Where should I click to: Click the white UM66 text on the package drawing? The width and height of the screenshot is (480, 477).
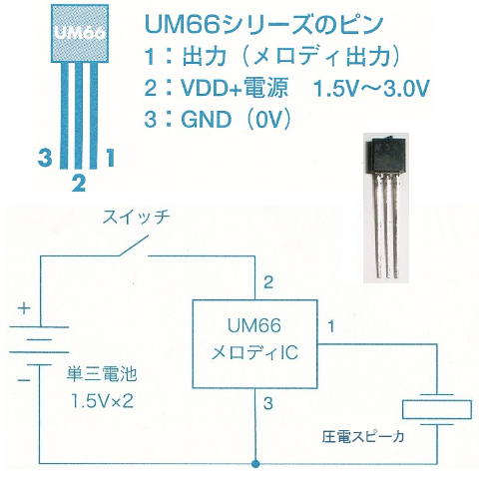pos(80,33)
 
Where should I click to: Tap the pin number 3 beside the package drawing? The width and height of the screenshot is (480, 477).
pos(45,158)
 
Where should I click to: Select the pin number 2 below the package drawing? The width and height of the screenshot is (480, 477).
pos(79,183)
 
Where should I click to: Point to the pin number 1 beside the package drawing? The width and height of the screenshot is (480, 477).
pos(110,158)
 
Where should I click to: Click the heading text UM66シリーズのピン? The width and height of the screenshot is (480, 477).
pos(264,25)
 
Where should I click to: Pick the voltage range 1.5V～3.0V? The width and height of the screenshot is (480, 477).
pos(371,88)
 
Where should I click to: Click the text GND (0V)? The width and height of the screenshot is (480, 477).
pos(218,119)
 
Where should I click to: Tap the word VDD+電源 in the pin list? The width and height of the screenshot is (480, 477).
pos(234,88)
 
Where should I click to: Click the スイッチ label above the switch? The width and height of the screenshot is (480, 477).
pos(136,218)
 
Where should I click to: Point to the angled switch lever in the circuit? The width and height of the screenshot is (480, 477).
pos(133,246)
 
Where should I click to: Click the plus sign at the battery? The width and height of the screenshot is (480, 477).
pos(24,308)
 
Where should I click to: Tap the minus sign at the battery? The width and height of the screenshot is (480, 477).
pos(24,380)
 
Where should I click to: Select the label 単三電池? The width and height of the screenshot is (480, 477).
pos(102,374)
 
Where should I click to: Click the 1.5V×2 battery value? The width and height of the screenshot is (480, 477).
pos(102,401)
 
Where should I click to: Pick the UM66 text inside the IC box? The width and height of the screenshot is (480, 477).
pos(254,325)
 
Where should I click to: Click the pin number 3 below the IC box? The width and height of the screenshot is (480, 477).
pos(267,403)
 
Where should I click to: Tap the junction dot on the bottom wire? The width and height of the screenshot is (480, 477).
pos(255,463)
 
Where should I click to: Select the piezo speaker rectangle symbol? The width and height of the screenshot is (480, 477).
pos(437,409)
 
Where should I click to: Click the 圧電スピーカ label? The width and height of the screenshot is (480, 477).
pos(363,437)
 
